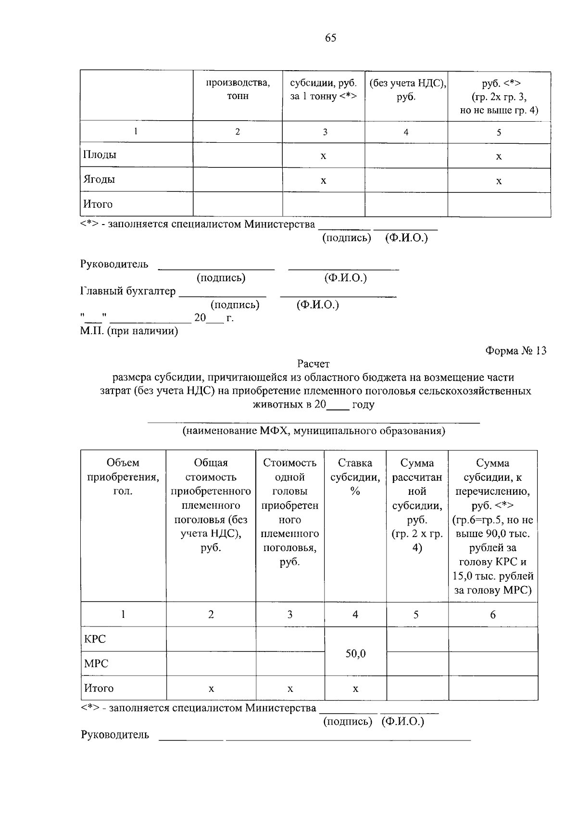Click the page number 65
tap(330, 38)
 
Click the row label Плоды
tap(100, 155)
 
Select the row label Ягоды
tap(99, 179)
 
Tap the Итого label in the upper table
tap(98, 204)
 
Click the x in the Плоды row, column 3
tap(324, 156)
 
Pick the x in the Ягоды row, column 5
tap(499, 181)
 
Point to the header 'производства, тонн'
tap(238, 89)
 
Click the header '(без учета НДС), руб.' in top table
tap(406, 89)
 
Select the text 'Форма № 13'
tap(516, 351)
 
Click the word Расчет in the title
tap(313, 364)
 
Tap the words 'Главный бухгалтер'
tap(128, 291)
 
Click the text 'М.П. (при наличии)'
tap(129, 331)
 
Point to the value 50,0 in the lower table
tap(355, 654)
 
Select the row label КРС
tap(95, 639)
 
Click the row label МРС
tap(96, 664)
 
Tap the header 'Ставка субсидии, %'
tap(355, 477)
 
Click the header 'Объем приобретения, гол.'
tap(123, 477)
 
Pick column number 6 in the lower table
tap(492, 614)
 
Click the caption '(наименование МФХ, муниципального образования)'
tap(313, 431)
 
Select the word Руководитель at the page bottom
tap(115, 735)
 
